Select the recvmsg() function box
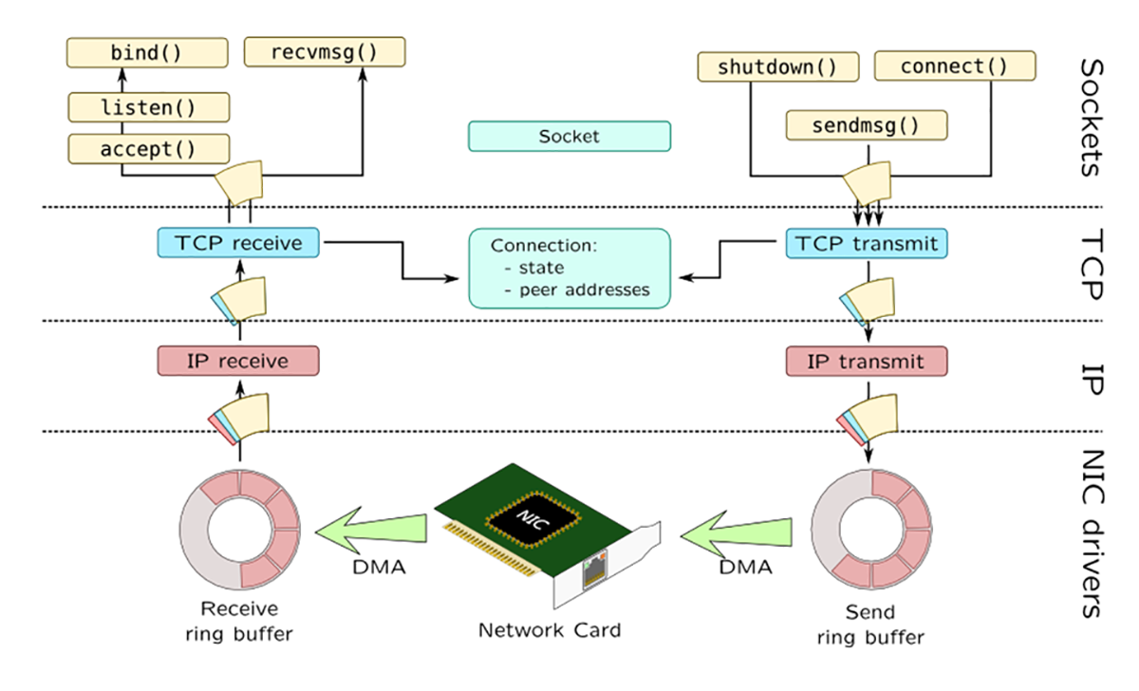point(325,51)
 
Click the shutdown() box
point(777,66)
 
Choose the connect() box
point(940,66)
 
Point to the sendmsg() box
point(867,124)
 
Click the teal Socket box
point(569,136)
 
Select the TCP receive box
point(238,243)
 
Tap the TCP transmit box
point(867,243)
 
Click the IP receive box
point(238,361)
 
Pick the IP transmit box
point(867,361)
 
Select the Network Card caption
point(550,630)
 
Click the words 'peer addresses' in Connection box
point(584,289)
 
